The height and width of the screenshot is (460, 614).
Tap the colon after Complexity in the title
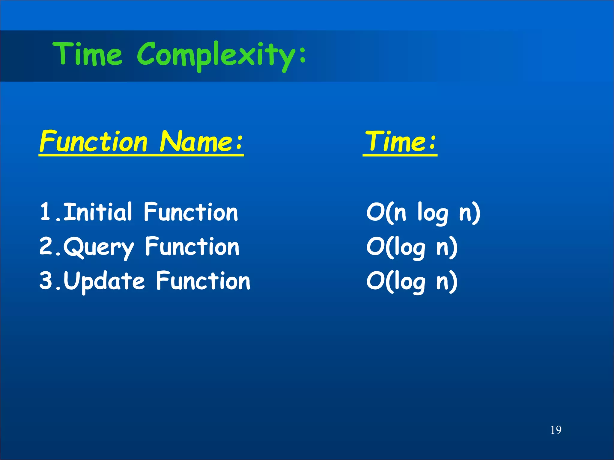(302, 55)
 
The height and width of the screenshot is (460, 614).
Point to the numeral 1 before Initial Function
(45, 212)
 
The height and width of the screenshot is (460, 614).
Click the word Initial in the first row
(98, 212)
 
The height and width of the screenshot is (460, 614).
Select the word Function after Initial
(191, 212)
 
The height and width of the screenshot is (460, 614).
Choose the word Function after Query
(192, 246)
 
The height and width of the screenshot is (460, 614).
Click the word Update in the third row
(104, 282)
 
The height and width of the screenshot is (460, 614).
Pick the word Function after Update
(203, 281)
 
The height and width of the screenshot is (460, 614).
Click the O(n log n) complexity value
(423, 213)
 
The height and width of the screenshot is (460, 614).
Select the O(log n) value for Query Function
(412, 247)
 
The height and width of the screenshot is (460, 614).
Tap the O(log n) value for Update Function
(412, 282)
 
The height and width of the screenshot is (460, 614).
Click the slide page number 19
(556, 430)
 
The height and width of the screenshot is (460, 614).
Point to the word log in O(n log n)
(433, 213)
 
